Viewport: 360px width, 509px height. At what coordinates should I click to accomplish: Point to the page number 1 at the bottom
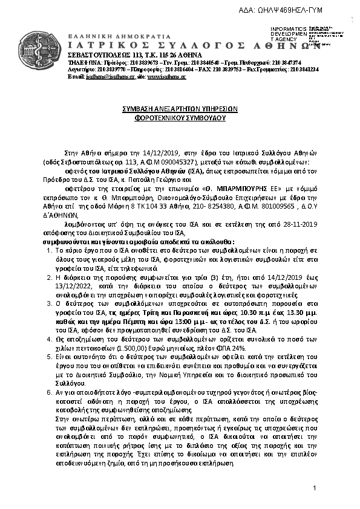coord(315,488)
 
